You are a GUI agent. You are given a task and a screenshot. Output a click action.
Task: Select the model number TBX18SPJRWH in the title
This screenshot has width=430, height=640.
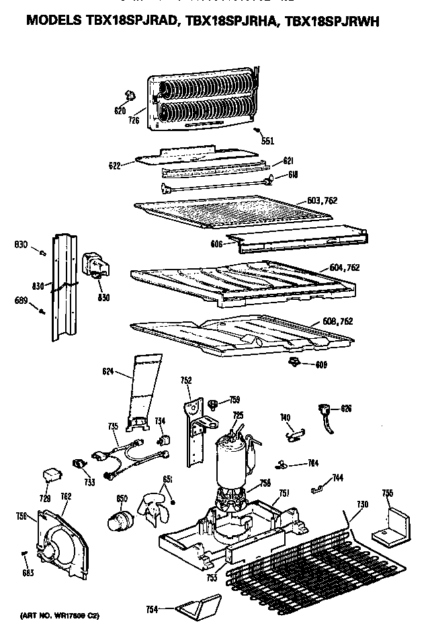332,22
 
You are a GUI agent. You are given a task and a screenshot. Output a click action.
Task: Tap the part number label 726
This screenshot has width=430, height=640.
133,120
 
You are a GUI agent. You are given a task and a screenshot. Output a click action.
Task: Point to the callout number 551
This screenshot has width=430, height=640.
268,141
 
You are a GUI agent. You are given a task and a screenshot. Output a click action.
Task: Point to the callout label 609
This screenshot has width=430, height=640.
322,365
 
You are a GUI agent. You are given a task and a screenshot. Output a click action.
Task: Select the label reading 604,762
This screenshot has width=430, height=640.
345,268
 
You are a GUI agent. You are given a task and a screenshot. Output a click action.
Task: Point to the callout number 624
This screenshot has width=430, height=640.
107,371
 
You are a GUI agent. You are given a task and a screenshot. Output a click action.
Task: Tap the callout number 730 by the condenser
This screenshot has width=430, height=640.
362,504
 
